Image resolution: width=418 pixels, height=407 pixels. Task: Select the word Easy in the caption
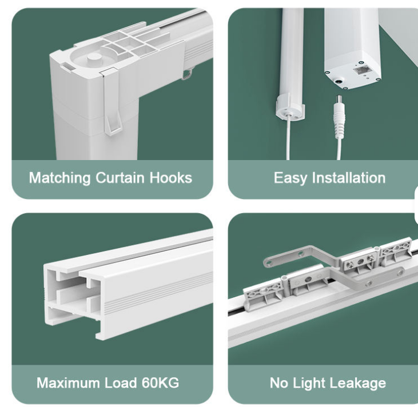click(289, 178)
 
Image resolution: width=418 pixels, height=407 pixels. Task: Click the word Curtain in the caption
click(117, 178)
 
